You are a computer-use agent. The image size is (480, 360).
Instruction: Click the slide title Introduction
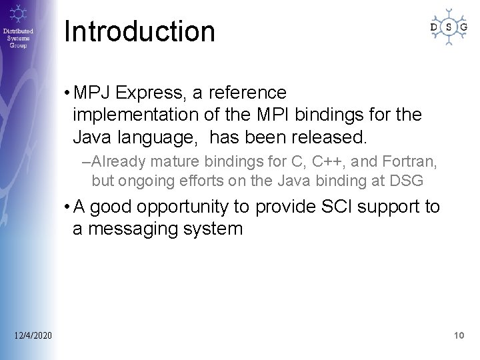click(140, 32)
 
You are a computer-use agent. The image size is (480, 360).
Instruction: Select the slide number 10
click(458, 335)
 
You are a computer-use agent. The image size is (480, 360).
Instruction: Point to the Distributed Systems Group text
click(19, 39)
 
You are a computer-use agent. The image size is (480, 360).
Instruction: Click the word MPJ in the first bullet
click(94, 92)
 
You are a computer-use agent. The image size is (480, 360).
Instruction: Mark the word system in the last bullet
click(216, 229)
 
